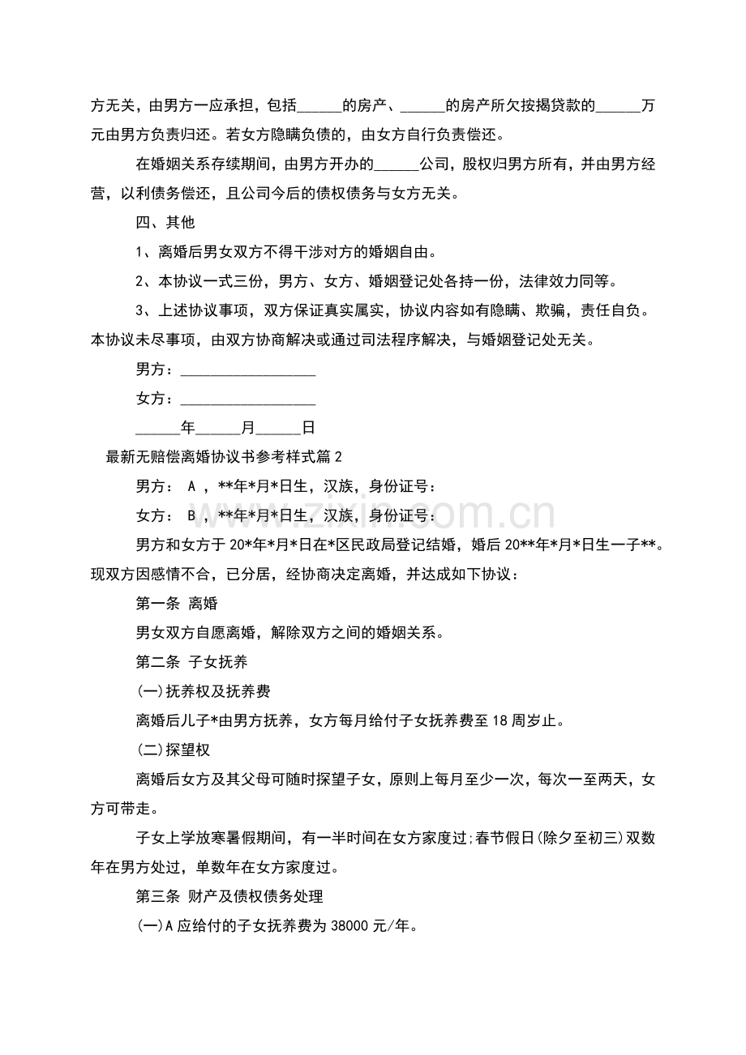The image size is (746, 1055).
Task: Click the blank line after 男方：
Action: point(247,370)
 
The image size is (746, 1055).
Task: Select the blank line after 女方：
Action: point(247,399)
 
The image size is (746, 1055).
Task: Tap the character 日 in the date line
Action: point(308,427)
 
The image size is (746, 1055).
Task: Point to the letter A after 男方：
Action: point(192,487)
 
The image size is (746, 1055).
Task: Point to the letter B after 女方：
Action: point(192,516)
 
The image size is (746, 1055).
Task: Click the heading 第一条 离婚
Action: point(176,604)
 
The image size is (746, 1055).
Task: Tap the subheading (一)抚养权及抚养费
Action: point(203,691)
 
